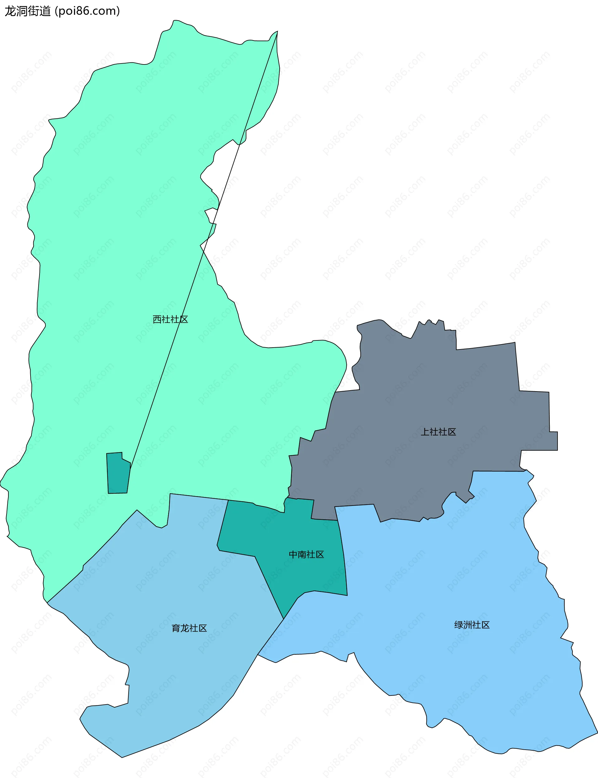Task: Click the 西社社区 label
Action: pos(170,319)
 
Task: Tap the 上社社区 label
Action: pos(438,432)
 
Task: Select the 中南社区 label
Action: pos(306,554)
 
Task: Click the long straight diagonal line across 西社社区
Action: pos(203,249)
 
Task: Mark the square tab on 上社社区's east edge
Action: pos(553,441)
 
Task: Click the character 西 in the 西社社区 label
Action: pos(157,319)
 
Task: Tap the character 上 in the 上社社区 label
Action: pos(425,432)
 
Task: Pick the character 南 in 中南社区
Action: pos(302,554)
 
